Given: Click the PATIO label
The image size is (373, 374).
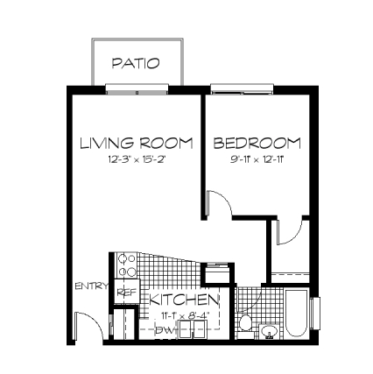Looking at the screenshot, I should [x=137, y=63].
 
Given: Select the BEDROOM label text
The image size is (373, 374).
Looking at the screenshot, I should [x=257, y=143].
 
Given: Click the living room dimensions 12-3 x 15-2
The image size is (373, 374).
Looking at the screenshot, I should [x=137, y=160].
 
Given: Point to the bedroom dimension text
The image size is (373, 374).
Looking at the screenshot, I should [x=256, y=160].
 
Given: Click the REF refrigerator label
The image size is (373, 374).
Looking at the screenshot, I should [x=126, y=293].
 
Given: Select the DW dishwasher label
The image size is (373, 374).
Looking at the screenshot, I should [x=163, y=331].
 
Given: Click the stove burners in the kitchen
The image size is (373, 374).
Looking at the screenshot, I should [x=126, y=265].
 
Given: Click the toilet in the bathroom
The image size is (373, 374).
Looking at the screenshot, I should [x=246, y=324].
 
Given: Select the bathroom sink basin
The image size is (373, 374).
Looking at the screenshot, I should [x=269, y=331].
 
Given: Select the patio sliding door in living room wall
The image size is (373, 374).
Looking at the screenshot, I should [x=137, y=88].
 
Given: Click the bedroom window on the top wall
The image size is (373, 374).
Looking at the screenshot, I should [x=240, y=88].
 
